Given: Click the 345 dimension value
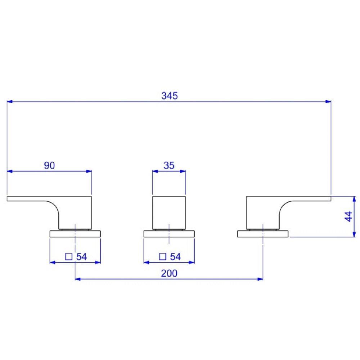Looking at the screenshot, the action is pyautogui.click(x=170, y=96).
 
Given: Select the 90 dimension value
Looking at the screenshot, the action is pyautogui.click(x=49, y=165).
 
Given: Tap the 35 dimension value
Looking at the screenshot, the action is pyautogui.click(x=169, y=165).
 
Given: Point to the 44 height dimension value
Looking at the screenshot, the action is pyautogui.click(x=348, y=216).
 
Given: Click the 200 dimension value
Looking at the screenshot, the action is pyautogui.click(x=169, y=273).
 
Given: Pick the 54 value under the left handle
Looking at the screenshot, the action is pyautogui.click(x=82, y=257).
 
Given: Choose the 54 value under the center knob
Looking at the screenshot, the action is pyautogui.click(x=175, y=257).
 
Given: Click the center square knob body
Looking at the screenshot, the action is pyautogui.click(x=169, y=213).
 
